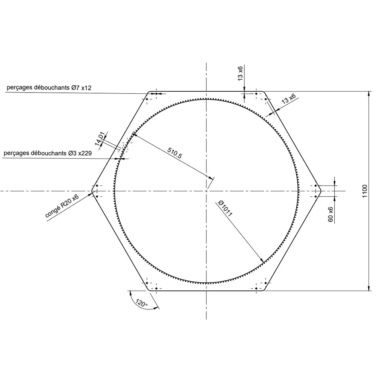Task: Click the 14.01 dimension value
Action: (100, 139)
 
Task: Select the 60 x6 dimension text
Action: (331, 214)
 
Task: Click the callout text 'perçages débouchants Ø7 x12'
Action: (49, 88)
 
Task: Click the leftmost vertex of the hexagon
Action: (92, 191)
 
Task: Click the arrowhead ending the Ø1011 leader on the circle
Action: (261, 260)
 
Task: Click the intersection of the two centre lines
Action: (206, 191)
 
